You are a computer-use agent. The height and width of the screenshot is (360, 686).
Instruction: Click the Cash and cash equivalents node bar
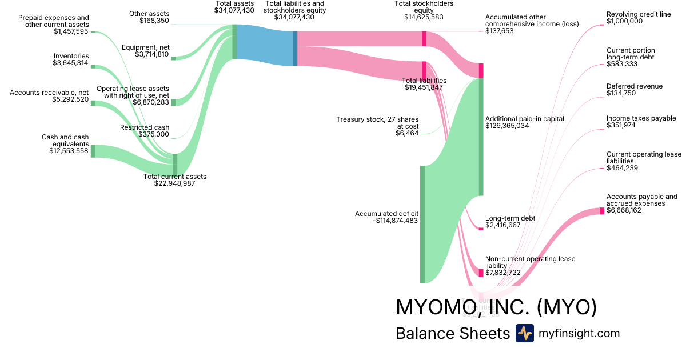coord(93,151)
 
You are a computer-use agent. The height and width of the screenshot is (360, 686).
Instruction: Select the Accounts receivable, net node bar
coord(93,103)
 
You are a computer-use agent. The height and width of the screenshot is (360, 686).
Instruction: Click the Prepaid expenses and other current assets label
coord(54,21)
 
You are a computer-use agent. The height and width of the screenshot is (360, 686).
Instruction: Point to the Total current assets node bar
coord(175,164)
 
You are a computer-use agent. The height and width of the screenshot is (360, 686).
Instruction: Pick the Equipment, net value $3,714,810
coord(152,55)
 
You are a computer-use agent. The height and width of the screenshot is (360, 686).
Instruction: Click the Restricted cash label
coord(145,127)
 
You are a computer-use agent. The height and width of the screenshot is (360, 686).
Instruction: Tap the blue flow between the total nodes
coord(265,45)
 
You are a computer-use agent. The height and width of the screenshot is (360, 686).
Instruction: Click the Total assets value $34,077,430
coord(234,10)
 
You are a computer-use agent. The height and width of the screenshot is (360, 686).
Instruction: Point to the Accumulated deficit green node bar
coord(422,224)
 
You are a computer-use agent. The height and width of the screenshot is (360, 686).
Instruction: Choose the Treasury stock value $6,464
coord(407,133)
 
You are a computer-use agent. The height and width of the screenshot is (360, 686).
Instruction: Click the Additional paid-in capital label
coord(525,119)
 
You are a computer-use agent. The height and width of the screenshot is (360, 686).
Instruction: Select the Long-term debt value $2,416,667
coord(503,226)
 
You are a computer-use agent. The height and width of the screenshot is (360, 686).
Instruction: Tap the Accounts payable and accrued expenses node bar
coord(602,211)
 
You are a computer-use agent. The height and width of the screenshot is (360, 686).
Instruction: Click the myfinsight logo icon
coord(524,333)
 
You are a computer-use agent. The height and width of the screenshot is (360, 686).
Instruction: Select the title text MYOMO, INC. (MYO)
coord(496,307)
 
